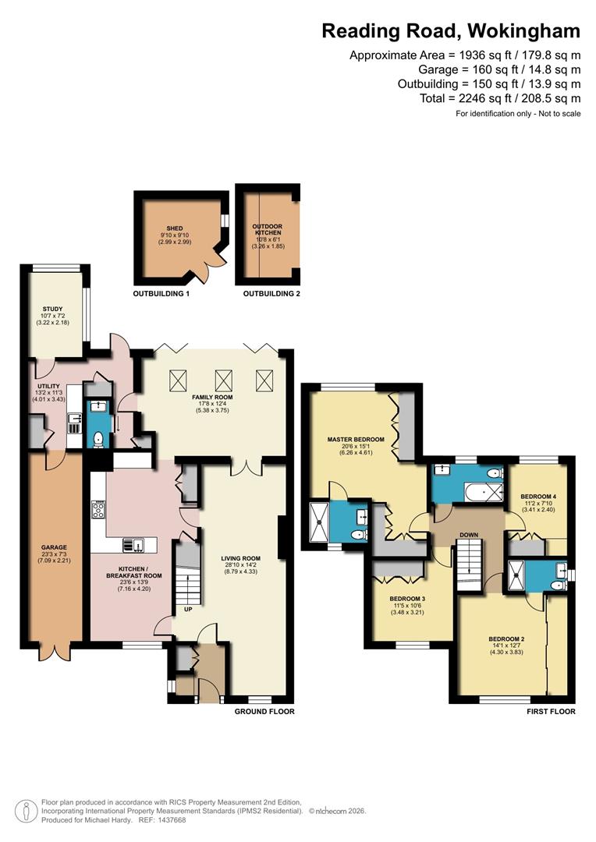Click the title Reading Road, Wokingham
(x=451, y=30)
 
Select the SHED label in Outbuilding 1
(x=174, y=228)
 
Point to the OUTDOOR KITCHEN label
(x=268, y=228)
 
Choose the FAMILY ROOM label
(x=214, y=397)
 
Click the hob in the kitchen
(x=100, y=511)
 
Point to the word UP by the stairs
(x=188, y=609)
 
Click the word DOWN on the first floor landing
(x=468, y=535)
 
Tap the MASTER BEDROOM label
(x=356, y=440)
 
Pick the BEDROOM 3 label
(x=407, y=600)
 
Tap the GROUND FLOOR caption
(x=264, y=712)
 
